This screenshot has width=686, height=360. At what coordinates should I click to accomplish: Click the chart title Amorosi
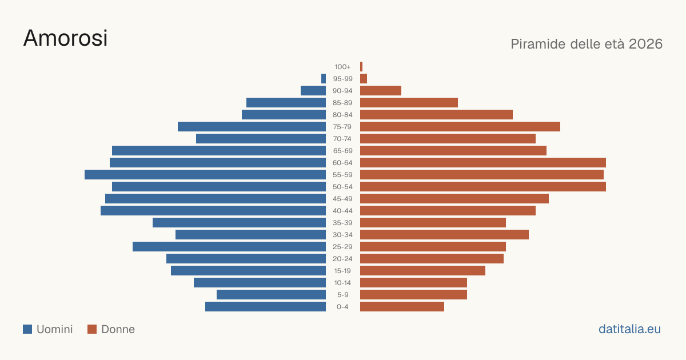65,38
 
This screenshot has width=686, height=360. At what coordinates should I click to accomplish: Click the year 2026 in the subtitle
645,44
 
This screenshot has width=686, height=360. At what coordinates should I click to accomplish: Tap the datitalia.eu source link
629,329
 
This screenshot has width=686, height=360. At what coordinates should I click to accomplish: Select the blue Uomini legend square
27,329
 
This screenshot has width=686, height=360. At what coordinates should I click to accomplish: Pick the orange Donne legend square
92,329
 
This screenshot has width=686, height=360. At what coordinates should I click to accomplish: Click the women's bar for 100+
361,66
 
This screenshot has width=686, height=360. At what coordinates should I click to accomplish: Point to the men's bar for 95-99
324,79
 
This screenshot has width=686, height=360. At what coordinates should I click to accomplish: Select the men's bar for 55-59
205,174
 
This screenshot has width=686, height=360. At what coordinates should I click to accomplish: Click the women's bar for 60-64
483,162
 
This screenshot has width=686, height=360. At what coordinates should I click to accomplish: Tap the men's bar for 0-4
265,306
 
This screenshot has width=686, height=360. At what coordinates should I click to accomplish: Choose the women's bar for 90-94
381,91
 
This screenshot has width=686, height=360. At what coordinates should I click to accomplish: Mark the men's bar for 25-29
229,246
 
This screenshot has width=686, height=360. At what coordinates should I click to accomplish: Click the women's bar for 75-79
460,126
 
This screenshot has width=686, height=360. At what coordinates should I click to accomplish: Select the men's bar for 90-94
313,91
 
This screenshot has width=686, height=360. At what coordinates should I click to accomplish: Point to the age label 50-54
342,187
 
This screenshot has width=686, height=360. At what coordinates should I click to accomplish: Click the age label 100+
342,67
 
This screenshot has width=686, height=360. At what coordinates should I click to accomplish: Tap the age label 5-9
342,295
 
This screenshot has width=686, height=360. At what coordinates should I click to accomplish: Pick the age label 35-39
342,223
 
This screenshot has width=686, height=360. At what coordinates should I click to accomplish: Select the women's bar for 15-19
422,271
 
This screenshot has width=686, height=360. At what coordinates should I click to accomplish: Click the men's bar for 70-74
261,139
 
